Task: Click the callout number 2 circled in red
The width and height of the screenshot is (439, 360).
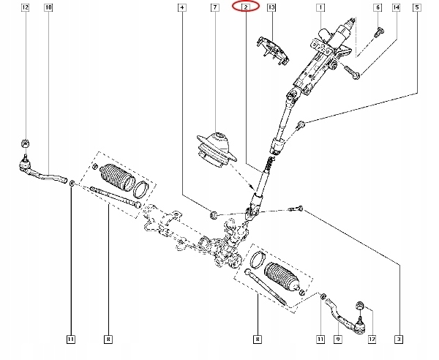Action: click(x=246, y=7)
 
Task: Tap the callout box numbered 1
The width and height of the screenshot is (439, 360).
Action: click(x=320, y=7)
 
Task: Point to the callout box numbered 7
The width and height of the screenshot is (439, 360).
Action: click(x=214, y=7)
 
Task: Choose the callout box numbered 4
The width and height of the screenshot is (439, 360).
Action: click(x=181, y=7)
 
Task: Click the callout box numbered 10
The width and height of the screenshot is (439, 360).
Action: click(x=48, y=7)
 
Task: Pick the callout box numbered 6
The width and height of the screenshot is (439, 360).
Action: click(x=378, y=7)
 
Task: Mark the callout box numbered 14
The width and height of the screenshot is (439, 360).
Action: click(x=397, y=7)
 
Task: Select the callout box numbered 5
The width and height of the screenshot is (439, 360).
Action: click(x=418, y=7)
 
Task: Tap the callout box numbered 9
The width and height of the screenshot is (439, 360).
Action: click(x=338, y=338)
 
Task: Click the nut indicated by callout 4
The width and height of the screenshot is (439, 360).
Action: click(x=213, y=214)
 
